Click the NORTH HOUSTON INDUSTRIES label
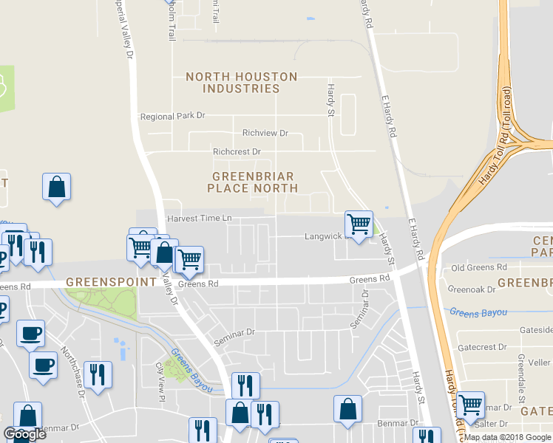click(241, 83)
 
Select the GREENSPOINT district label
click(112, 282)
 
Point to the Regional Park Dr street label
click(172, 117)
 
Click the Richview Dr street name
click(265, 133)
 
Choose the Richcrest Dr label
click(237, 151)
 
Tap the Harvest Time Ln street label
click(199, 219)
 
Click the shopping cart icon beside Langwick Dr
click(359, 224)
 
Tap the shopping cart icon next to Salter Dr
click(470, 405)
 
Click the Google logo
click(24, 434)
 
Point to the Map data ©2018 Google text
click(507, 437)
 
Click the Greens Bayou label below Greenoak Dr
click(478, 313)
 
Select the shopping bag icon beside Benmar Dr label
click(347, 409)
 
